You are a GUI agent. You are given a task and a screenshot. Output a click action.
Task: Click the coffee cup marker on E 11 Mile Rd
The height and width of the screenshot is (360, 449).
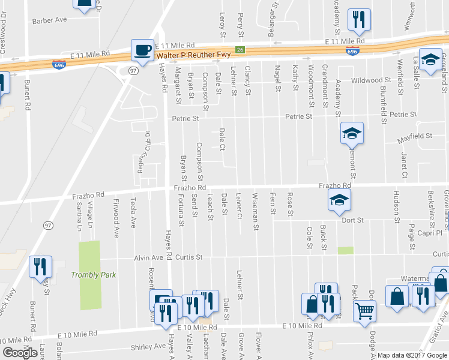(142, 50)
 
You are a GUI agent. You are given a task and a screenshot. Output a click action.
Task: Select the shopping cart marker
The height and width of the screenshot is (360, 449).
(364, 311)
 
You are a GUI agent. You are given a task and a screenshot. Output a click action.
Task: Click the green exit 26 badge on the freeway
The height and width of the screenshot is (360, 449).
(240, 49)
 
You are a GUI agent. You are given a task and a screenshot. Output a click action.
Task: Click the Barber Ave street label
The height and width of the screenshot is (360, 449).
(50, 20)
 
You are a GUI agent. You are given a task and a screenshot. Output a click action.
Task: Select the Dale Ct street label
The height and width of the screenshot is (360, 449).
(222, 139)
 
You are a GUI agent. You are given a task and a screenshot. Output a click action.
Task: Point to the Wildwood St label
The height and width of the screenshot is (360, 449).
(371, 80)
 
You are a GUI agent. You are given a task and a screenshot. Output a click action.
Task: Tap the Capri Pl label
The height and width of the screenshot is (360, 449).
(430, 233)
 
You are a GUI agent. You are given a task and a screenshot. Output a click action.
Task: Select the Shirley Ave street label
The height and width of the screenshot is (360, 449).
(148, 347)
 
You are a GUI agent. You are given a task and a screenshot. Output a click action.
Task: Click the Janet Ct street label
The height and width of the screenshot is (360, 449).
(404, 164)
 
